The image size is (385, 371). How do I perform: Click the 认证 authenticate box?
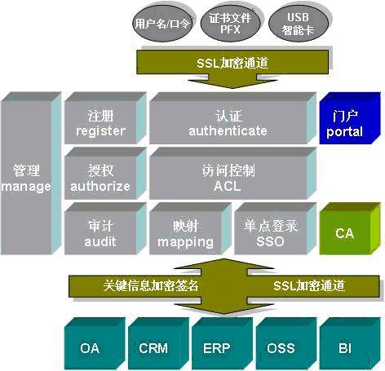228,123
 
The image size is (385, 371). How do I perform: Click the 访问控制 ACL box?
228,178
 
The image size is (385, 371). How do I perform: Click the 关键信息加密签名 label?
151,285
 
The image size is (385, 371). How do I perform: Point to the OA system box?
89,348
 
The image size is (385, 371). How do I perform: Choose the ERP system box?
216,348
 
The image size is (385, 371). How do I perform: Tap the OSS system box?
281,348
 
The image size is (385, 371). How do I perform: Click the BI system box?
344,348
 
